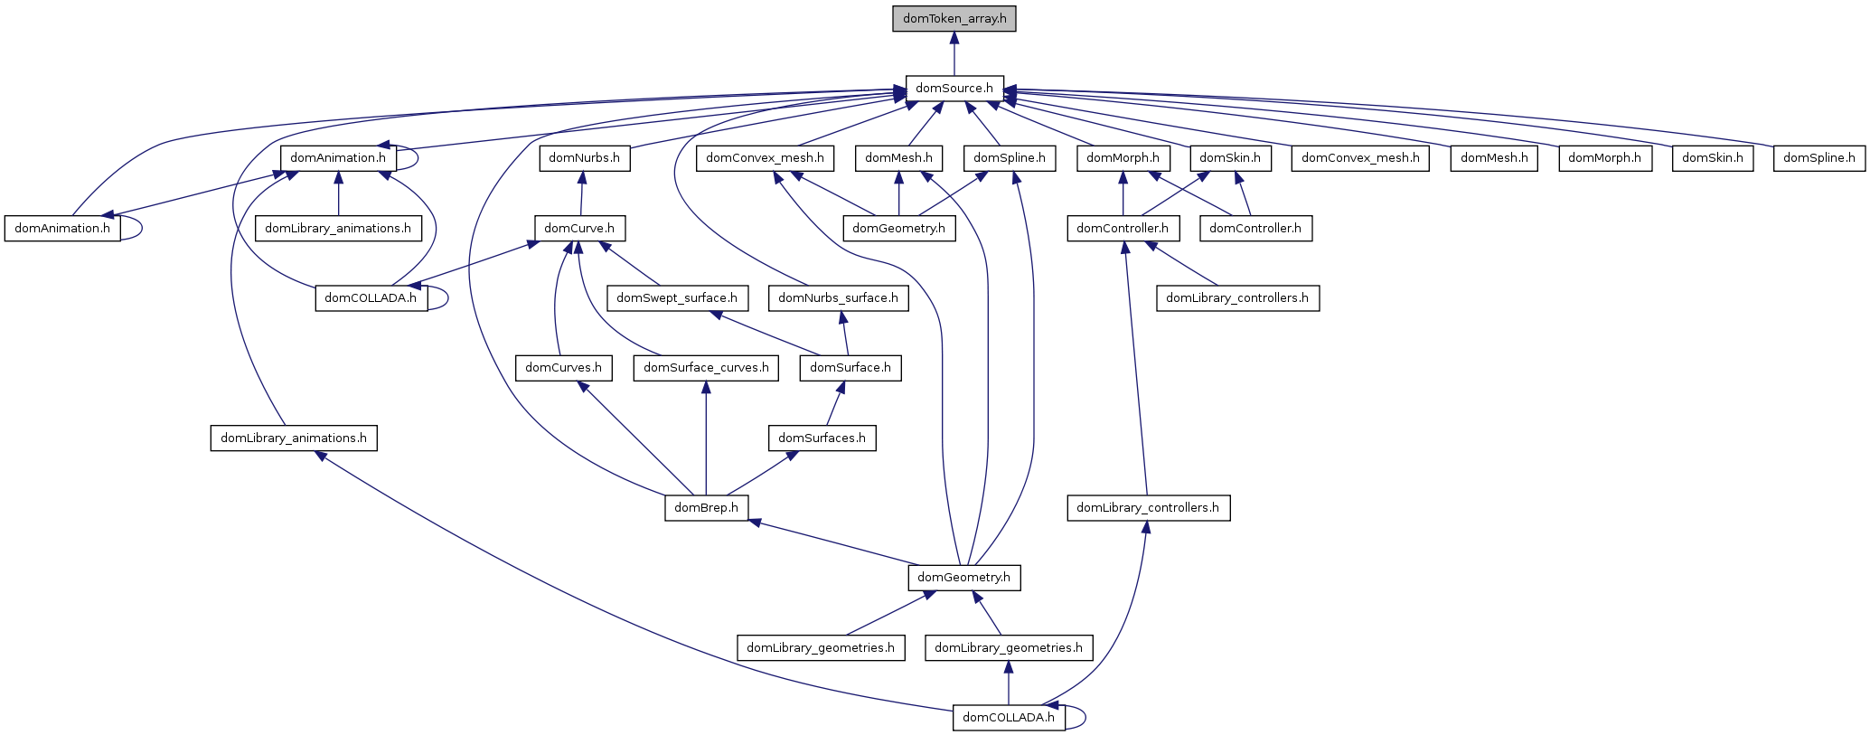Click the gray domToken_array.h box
[954, 18]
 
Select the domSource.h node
[954, 89]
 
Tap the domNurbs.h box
[584, 158]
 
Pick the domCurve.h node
[579, 228]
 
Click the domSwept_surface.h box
[677, 297]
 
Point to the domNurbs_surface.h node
[838, 297]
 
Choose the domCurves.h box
[563, 368]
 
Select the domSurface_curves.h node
[706, 368]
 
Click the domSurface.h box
[850, 368]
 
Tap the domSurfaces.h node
[822, 438]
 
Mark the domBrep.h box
[706, 508]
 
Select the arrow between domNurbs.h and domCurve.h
[582, 193]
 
